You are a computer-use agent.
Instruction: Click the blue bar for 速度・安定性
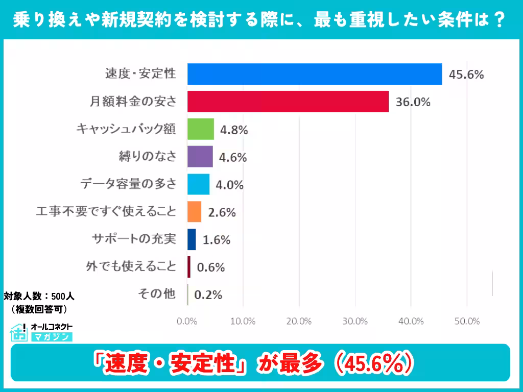(314, 74)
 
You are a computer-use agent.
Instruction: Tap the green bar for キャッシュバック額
(200, 129)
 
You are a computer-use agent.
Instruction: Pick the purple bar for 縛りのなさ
(200, 157)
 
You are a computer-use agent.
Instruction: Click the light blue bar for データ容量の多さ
(198, 184)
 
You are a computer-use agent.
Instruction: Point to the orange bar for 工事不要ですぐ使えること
(194, 212)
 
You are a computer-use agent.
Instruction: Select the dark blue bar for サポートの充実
(192, 239)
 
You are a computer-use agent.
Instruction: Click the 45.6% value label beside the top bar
(466, 75)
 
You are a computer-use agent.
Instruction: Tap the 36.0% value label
(413, 102)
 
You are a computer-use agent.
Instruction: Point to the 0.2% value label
(209, 295)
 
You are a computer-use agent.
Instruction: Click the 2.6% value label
(222, 212)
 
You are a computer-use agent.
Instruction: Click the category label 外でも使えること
(131, 266)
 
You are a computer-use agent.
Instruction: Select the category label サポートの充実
(134, 239)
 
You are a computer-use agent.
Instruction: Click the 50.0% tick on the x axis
(467, 322)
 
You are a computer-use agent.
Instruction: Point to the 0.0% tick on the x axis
(187, 322)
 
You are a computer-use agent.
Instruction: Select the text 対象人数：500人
(39, 296)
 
